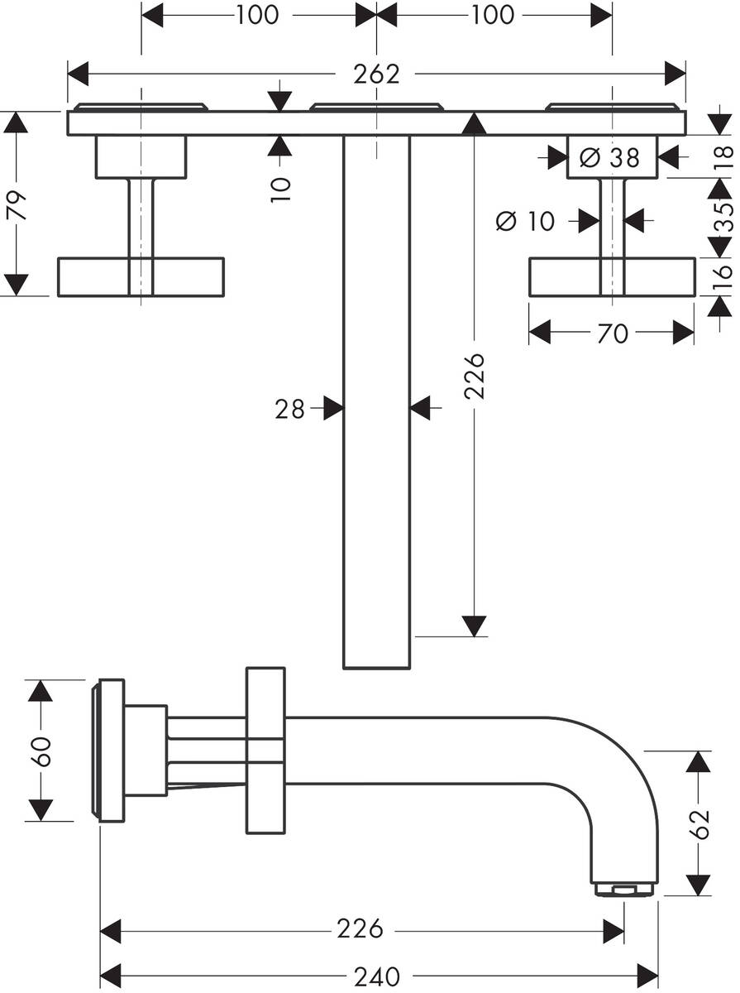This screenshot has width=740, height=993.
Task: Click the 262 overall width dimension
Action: (x=376, y=74)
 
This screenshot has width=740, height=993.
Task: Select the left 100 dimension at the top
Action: (x=257, y=14)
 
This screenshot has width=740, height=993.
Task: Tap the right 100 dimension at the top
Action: (x=494, y=14)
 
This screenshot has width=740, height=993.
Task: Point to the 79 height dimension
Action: (x=17, y=204)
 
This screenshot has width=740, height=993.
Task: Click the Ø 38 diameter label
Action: (x=611, y=157)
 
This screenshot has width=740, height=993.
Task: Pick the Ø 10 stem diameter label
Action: (x=526, y=220)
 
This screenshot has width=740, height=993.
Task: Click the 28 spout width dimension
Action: (x=290, y=408)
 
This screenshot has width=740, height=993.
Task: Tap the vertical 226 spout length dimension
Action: (x=474, y=377)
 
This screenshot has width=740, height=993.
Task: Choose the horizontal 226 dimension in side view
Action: (x=360, y=928)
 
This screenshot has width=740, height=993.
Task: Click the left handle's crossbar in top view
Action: (x=140, y=276)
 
